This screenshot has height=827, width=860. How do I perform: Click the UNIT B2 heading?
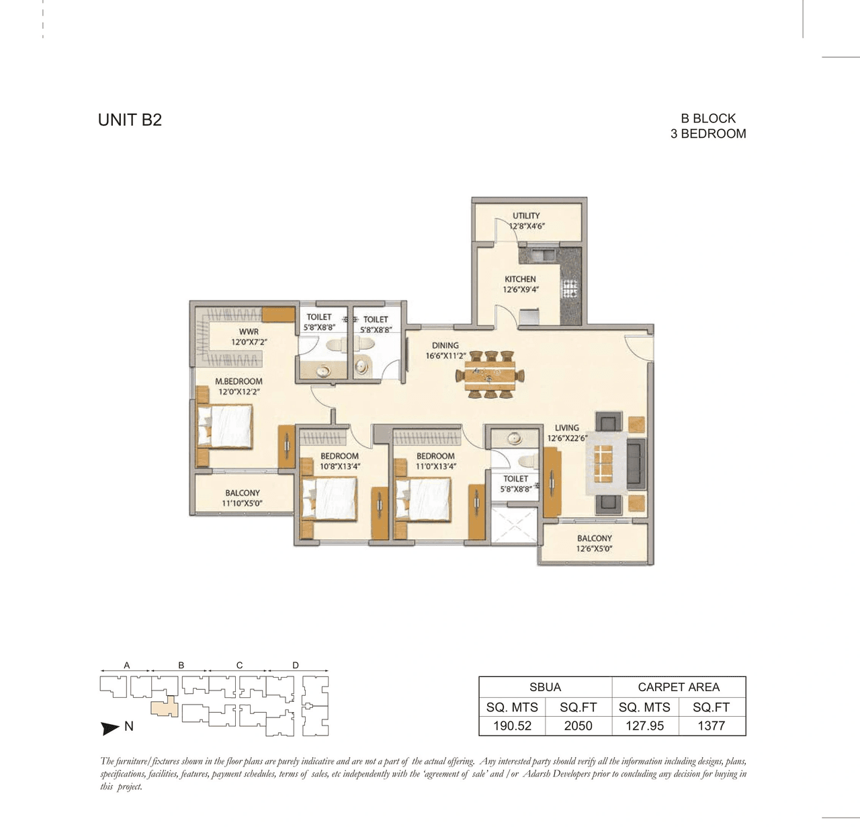130,120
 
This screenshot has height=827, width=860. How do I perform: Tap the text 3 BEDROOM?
708,134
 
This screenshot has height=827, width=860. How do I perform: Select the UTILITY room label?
526,216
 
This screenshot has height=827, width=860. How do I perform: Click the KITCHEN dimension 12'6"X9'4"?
521,290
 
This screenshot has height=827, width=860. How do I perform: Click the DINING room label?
445,345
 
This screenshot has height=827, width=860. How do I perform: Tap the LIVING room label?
566,428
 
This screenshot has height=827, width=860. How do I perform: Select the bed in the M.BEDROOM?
225,426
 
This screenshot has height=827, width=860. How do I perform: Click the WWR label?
249,331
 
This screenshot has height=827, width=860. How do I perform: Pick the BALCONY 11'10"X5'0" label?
243,498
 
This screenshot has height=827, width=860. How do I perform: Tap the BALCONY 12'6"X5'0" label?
594,543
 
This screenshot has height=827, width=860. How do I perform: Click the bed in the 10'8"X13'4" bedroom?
329,498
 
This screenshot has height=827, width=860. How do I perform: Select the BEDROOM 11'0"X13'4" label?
435,461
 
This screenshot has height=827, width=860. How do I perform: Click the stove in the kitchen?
570,289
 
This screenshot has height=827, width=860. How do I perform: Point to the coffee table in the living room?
603,463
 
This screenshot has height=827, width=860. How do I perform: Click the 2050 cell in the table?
578,725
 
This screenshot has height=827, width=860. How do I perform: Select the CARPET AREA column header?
679,687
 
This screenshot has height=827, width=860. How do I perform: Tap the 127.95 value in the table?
644,725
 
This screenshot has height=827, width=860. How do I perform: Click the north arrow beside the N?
110,727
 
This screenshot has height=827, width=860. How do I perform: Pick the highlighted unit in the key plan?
164,709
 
